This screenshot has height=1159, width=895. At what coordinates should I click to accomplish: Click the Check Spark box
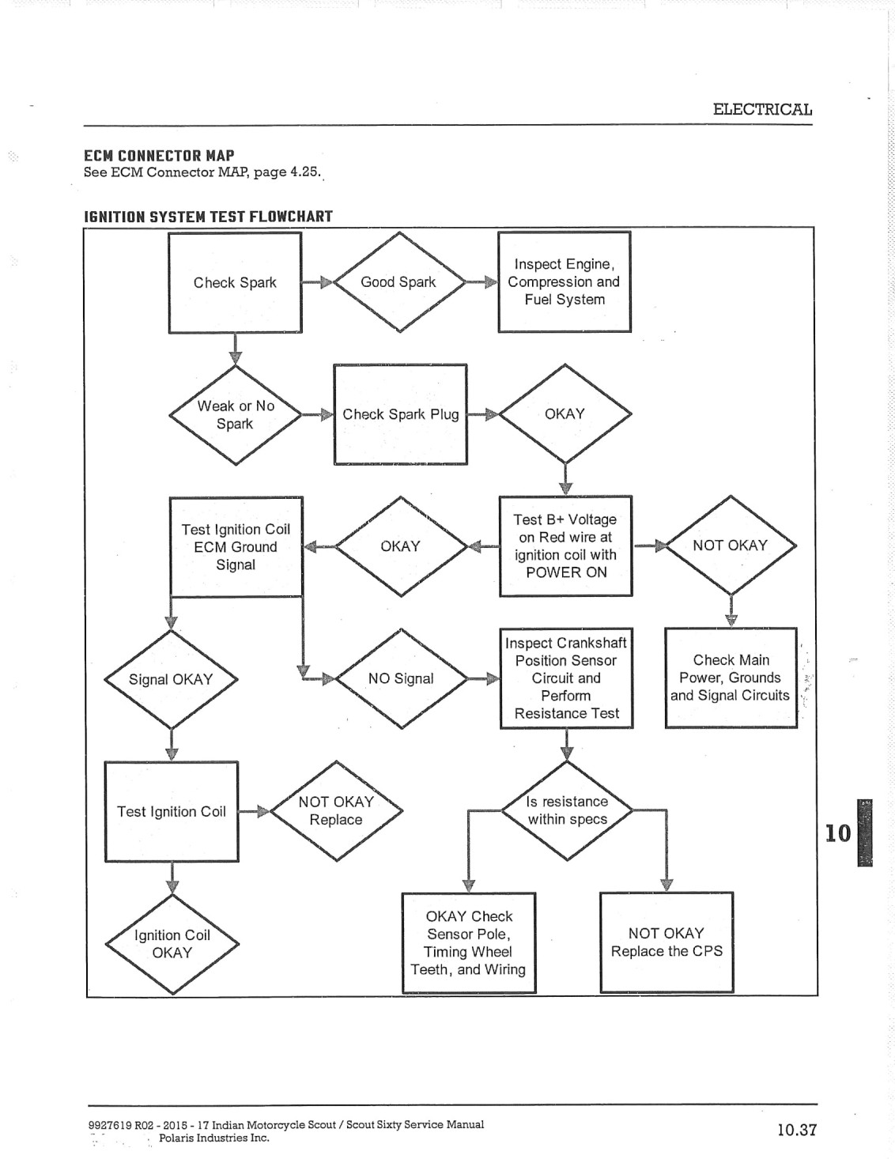coord(236,283)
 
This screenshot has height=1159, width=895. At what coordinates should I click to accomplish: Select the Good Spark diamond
coord(399,282)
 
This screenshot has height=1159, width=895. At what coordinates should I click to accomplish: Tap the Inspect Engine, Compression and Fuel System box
coord(565,281)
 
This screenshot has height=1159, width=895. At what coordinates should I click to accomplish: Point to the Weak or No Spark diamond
coord(236,415)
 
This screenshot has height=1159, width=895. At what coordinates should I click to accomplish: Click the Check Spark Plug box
coord(401,414)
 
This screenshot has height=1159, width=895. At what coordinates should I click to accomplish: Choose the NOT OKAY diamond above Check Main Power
coord(731,545)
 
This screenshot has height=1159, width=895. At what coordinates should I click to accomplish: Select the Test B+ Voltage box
coord(566,546)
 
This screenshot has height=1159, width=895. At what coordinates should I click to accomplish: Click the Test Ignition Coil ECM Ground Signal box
coord(236,547)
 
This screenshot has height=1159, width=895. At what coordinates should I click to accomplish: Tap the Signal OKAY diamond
coord(171,679)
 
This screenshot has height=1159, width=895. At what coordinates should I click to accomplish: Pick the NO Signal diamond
coord(401,678)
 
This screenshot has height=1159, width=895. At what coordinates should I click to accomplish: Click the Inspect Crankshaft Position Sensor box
coord(566,678)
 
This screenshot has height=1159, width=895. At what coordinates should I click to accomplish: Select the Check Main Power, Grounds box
coord(731,678)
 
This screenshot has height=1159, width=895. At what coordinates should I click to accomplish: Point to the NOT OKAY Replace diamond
coord(336,810)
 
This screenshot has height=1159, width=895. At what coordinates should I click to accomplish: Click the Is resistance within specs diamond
coord(567,810)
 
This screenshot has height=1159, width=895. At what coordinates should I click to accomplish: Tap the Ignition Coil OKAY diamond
coord(172,944)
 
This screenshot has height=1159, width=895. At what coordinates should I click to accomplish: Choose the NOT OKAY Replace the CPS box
coord(667,942)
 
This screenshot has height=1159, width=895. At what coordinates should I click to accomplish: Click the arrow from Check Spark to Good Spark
coord(317,283)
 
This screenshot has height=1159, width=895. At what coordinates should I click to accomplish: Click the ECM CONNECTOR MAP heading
coord(159,156)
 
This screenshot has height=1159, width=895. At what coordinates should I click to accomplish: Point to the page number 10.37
coord(797,1130)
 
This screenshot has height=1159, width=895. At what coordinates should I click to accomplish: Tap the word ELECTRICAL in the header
coord(763,109)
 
